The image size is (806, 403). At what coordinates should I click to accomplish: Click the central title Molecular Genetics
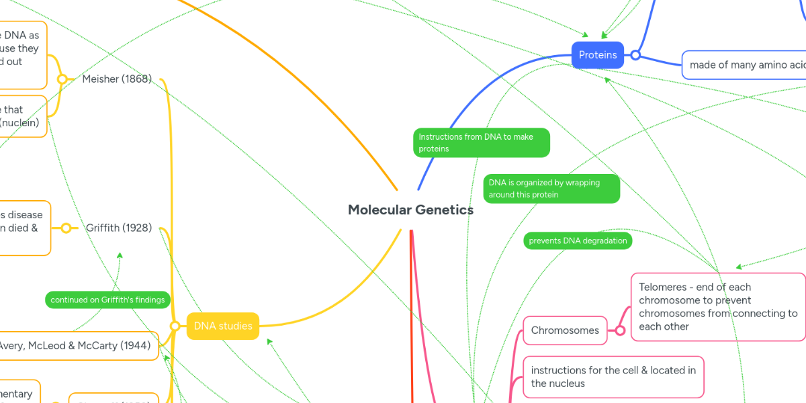[410, 210]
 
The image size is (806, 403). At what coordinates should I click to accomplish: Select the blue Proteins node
[598, 55]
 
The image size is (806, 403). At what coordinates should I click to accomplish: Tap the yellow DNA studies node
[223, 326]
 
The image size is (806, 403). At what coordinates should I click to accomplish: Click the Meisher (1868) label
[117, 79]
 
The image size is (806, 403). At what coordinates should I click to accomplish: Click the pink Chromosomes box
[565, 330]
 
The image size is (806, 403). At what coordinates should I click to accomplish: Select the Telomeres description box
[717, 307]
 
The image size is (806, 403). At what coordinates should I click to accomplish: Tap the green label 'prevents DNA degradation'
[578, 241]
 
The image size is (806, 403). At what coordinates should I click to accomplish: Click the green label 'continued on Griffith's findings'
[107, 300]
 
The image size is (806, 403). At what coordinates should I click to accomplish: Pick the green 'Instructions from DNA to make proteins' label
[482, 142]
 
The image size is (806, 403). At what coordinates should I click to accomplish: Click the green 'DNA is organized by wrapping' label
[551, 189]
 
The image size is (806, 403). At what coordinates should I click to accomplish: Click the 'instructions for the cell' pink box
[613, 377]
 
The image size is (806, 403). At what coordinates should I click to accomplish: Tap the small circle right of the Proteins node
[635, 55]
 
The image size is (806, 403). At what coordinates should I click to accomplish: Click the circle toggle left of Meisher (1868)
[62, 79]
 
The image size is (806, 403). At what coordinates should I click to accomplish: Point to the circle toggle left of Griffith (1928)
[66, 228]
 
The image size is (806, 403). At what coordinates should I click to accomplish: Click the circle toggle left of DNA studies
[175, 326]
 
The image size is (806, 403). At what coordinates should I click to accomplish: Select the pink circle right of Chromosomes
[620, 330]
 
